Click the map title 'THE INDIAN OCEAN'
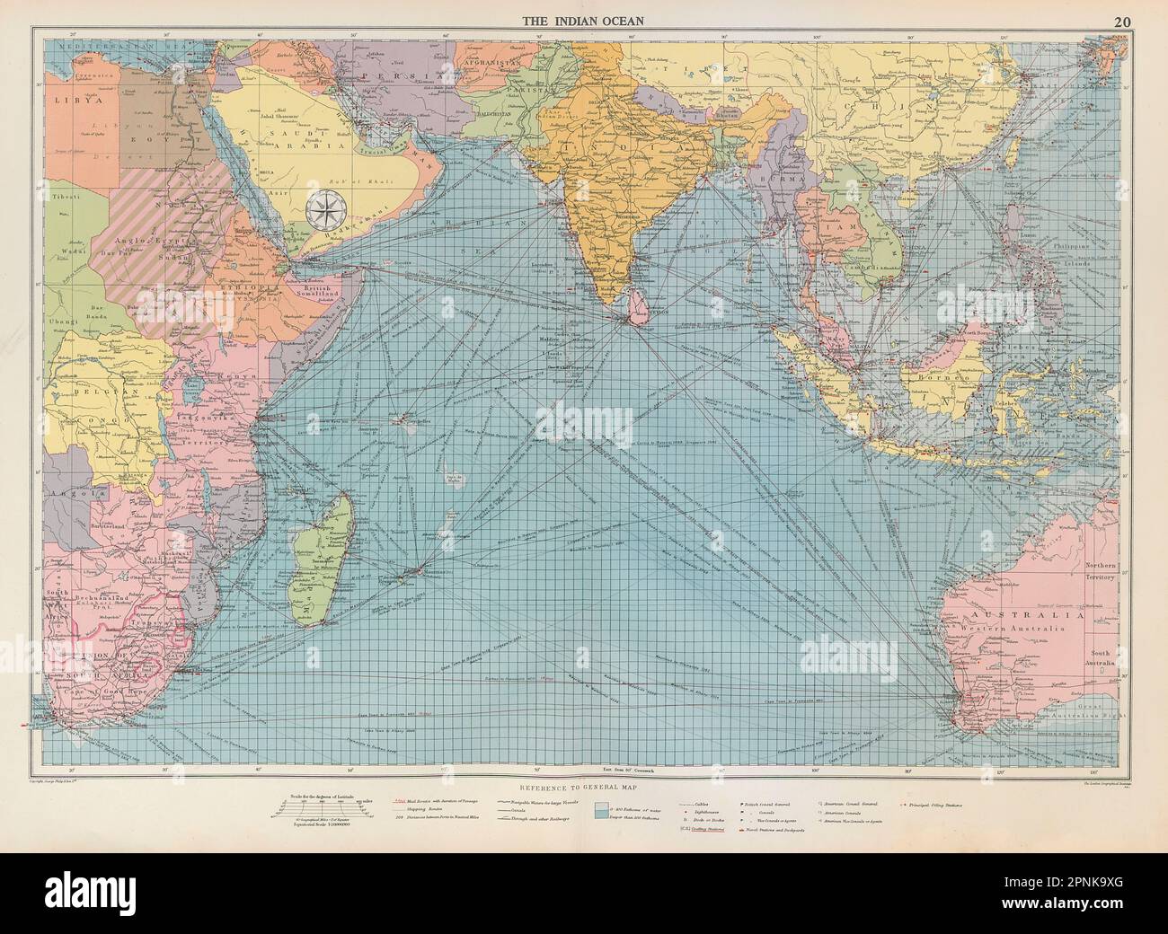(x=583, y=22)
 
